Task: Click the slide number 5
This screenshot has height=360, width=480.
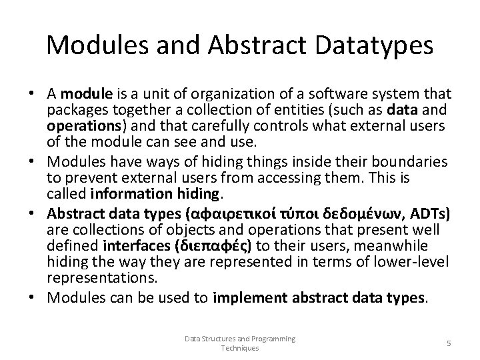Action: (448, 343)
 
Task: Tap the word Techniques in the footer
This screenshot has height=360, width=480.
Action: (240, 347)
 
